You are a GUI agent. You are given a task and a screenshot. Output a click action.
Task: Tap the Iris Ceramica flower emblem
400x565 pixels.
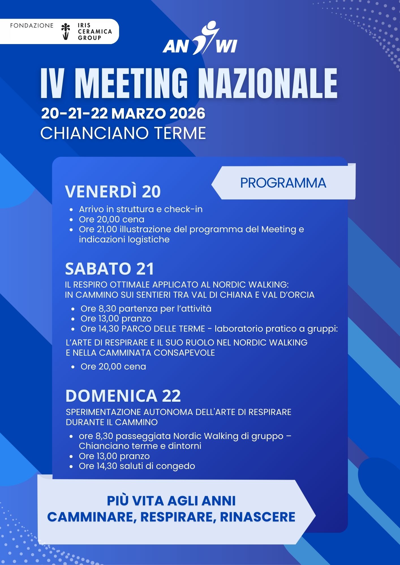coord(66,31)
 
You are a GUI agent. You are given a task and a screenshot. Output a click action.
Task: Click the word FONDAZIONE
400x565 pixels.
coord(32,26)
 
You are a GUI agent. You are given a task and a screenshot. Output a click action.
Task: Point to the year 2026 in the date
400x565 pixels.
coord(187,114)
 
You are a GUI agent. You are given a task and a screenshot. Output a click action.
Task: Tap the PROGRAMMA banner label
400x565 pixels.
coord(283,183)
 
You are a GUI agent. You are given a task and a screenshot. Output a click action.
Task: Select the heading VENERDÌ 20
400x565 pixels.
coord(113,192)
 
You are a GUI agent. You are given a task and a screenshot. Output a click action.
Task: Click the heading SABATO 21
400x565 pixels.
coord(109,269)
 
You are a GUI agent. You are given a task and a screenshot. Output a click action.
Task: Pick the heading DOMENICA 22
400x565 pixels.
coord(123,396)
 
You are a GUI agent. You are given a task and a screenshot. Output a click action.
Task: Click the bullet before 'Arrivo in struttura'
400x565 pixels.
coord(72,210)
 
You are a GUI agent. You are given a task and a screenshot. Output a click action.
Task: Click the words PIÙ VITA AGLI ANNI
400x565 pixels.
coord(171,501)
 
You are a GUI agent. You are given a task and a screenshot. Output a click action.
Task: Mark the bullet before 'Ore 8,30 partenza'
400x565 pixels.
coord(73,309)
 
